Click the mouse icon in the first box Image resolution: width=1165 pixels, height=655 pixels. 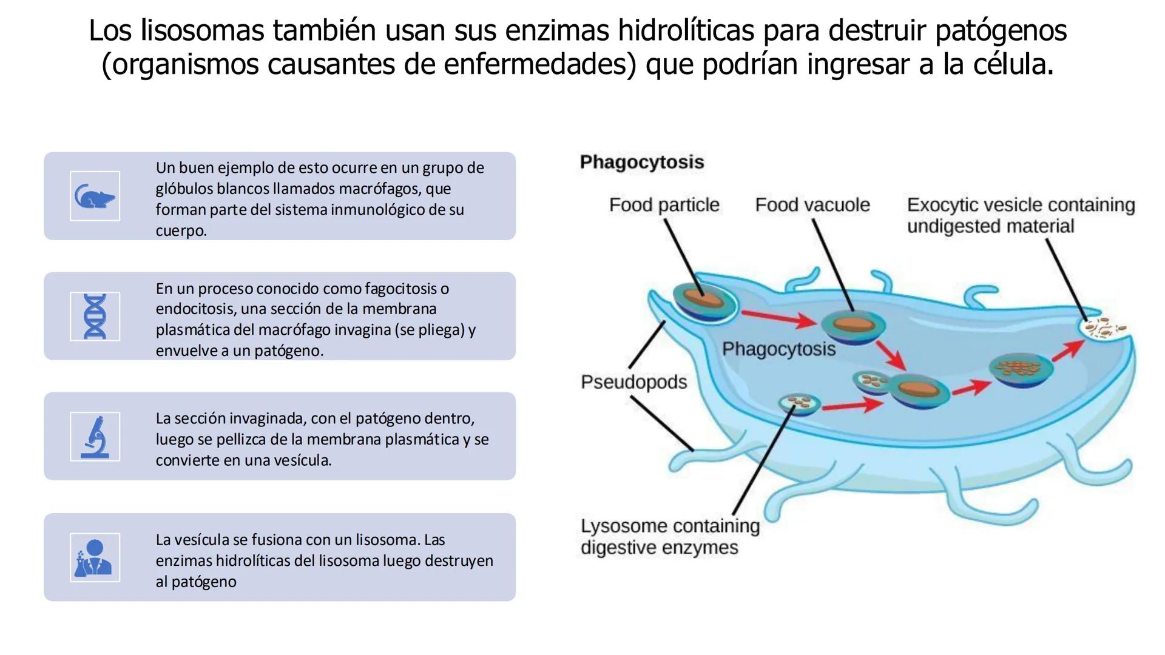[x=95, y=196]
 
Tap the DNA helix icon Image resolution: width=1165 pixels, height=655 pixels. [x=95, y=316]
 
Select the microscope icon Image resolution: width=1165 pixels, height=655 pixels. [x=95, y=437]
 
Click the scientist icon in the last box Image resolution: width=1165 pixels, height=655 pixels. [x=95, y=557]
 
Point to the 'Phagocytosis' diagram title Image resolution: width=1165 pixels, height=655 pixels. [x=641, y=162]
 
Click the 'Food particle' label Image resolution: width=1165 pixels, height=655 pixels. [x=664, y=205]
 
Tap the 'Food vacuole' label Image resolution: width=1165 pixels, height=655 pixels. [x=812, y=205]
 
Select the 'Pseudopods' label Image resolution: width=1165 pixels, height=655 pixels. [x=633, y=382]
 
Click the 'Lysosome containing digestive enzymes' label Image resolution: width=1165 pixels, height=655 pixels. [x=669, y=536]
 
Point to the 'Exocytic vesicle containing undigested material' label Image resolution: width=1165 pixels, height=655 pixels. [x=1020, y=215]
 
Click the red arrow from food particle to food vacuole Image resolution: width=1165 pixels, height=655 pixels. [x=779, y=318]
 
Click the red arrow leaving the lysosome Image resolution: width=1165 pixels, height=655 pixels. [x=852, y=405]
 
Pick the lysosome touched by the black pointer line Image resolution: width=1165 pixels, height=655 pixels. [x=799, y=404]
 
